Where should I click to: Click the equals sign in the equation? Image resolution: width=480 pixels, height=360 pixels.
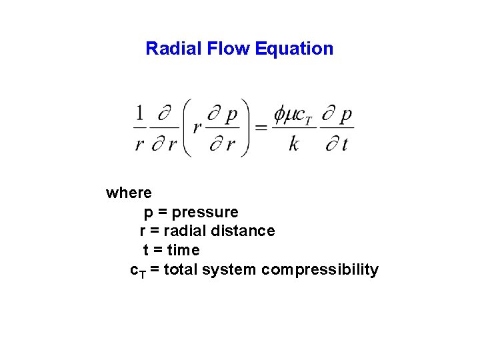[261, 127]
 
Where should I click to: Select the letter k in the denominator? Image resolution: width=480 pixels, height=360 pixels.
[294, 143]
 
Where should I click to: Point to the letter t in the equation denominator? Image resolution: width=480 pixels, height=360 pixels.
[345, 143]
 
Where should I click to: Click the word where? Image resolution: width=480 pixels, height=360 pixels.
[129, 193]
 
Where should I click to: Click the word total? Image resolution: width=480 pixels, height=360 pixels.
[181, 270]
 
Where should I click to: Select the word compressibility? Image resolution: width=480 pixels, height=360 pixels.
[320, 270]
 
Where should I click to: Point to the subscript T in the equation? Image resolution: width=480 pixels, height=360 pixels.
[308, 120]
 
